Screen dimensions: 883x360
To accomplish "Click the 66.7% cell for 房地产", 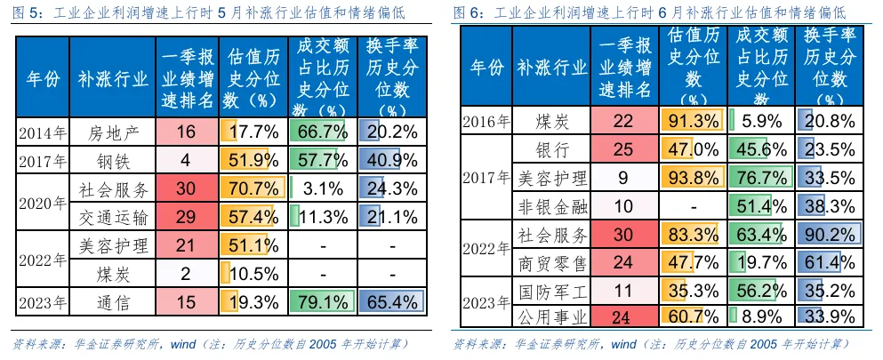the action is point(323,132).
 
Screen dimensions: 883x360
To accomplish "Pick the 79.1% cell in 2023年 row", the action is point(323,302).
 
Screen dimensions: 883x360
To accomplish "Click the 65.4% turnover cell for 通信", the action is point(392,302).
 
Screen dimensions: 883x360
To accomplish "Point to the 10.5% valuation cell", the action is point(253,274).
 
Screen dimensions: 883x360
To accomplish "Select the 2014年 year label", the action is point(43,132).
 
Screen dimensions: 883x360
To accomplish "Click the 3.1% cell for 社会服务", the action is point(323,188).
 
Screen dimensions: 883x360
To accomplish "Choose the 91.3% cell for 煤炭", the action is point(693,120).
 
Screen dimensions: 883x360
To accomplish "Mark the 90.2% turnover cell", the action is point(830,234).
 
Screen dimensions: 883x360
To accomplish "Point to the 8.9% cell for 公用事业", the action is point(761,317).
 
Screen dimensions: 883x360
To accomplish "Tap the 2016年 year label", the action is point(486,121).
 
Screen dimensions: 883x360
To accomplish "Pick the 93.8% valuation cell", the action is point(693,178).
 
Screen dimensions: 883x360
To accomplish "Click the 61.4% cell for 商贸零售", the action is point(830,261).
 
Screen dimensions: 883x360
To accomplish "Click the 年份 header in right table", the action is point(486,68).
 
